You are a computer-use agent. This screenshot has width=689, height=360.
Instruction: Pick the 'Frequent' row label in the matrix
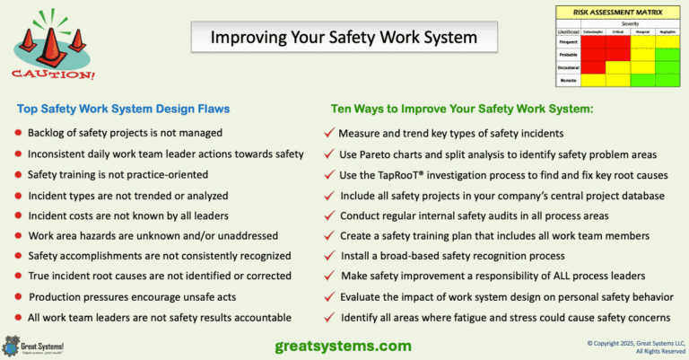(x=569, y=41)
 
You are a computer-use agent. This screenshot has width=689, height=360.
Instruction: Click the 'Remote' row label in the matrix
(x=569, y=80)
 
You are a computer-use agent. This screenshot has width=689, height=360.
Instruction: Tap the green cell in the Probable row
(x=667, y=54)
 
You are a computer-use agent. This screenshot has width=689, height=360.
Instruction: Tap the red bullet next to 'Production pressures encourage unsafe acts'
(x=19, y=298)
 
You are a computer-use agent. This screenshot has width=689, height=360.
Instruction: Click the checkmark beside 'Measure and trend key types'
(x=329, y=133)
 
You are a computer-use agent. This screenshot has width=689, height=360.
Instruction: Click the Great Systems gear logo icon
(x=12, y=345)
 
